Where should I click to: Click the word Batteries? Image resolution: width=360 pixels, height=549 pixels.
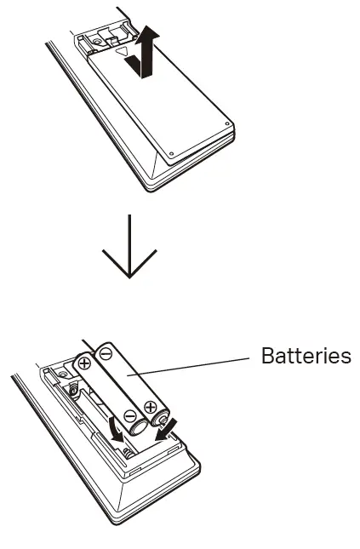pos(306,356)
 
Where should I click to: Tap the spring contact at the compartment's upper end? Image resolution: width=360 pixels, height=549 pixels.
pos(75,389)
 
